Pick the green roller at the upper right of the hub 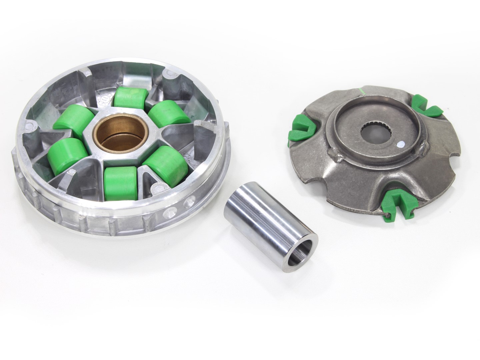tap(168, 113)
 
